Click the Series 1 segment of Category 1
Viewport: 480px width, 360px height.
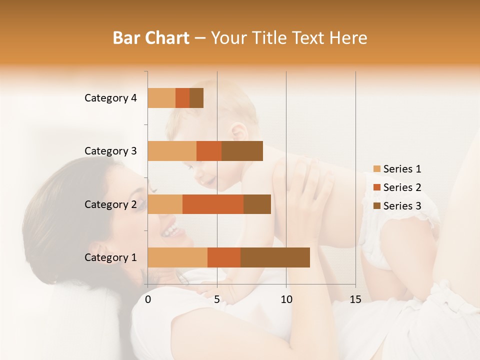177,257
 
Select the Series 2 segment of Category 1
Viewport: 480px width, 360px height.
224,257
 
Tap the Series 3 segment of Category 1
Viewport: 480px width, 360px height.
275,257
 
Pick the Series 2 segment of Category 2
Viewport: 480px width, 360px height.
213,204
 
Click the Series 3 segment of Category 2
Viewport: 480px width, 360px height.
257,204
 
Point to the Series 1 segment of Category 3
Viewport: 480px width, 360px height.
172,151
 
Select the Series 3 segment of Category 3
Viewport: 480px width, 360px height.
242,151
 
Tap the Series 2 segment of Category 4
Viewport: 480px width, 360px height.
182,98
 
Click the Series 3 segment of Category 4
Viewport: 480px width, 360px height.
196,98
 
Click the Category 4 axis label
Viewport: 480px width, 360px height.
110,98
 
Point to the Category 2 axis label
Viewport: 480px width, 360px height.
110,204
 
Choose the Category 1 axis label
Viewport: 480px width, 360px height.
110,257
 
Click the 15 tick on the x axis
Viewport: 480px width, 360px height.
355,299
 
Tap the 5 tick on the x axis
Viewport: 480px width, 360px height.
217,299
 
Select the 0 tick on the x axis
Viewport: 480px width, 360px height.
148,299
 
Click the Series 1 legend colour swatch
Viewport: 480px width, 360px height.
376,169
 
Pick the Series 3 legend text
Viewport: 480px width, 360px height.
402,206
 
